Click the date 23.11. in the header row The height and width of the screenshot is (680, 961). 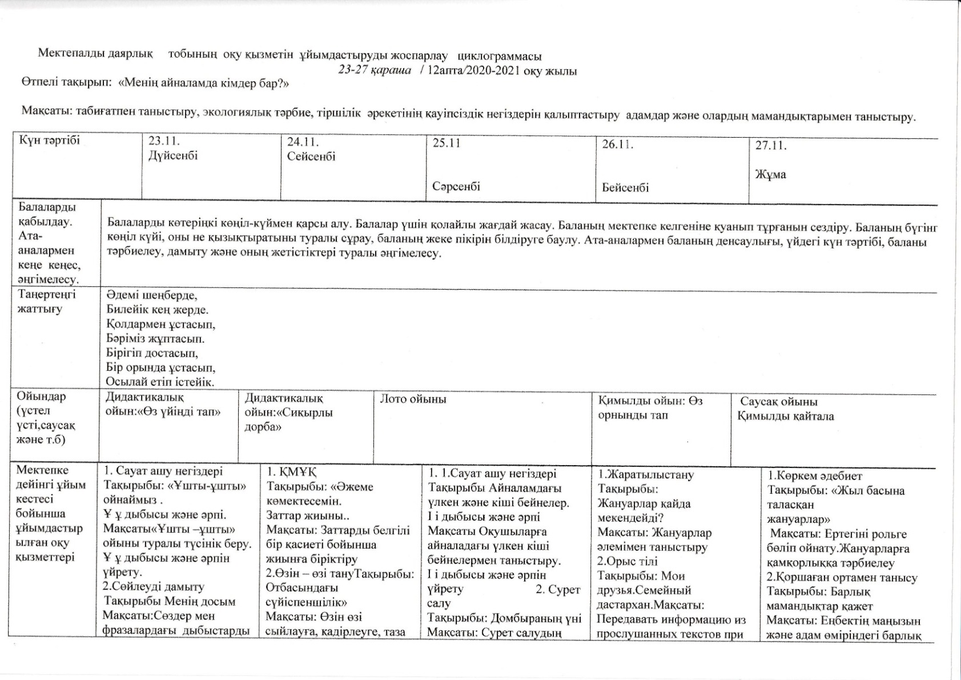tap(164, 141)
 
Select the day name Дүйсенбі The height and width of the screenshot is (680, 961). tap(173, 155)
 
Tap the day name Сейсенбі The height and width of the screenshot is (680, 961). tap(311, 156)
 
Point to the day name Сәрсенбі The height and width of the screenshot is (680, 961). tap(456, 186)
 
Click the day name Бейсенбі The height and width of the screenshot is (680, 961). tap(625, 187)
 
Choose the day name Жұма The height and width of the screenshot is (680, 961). tap(771, 174)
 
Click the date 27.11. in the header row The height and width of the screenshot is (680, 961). tap(771, 146)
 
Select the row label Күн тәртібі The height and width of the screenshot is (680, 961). tap(50, 141)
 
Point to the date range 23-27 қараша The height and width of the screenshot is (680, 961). tap(374, 71)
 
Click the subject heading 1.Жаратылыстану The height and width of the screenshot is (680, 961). tap(646, 474)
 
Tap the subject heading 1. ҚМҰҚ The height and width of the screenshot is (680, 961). tap(292, 473)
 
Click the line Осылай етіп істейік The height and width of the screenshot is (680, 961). tap(160, 382)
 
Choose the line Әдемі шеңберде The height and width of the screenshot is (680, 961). tap(152, 295)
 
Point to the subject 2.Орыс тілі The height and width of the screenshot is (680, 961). tap(628, 561)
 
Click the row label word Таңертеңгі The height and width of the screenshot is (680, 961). tap(47, 294)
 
